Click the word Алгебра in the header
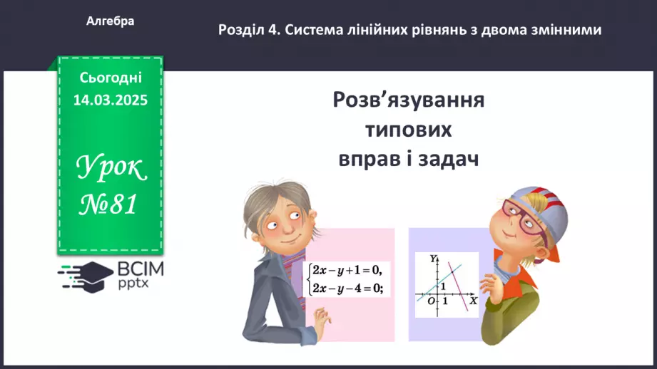[x=110, y=21]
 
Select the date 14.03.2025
[x=110, y=100]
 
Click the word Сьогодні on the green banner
[x=111, y=77]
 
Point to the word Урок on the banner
[x=111, y=168]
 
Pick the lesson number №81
[x=108, y=206]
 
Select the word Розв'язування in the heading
[x=409, y=100]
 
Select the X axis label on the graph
[x=472, y=301]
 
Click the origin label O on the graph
[x=431, y=302]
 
